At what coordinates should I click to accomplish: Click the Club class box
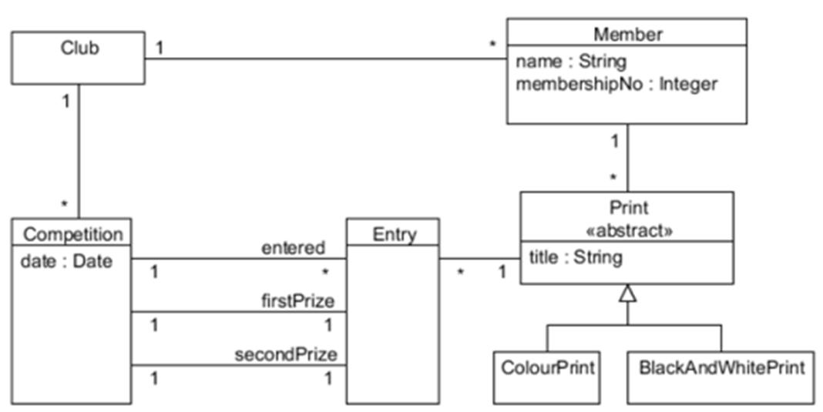coord(78,57)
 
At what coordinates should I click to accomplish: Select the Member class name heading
coord(627,34)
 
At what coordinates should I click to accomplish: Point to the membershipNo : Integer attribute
coord(616,84)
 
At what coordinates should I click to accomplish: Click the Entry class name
coord(394,234)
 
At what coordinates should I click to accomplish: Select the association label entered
coord(293,248)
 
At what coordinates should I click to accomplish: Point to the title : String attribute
coord(575,258)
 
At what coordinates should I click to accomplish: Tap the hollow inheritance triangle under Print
coord(628,293)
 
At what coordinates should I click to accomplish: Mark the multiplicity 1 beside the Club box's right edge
coord(159,48)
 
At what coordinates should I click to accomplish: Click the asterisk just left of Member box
coord(492,45)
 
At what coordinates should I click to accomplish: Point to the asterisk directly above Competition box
coord(66,205)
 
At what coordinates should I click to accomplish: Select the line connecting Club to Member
coord(324,58)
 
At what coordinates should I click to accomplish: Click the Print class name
coord(627,208)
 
